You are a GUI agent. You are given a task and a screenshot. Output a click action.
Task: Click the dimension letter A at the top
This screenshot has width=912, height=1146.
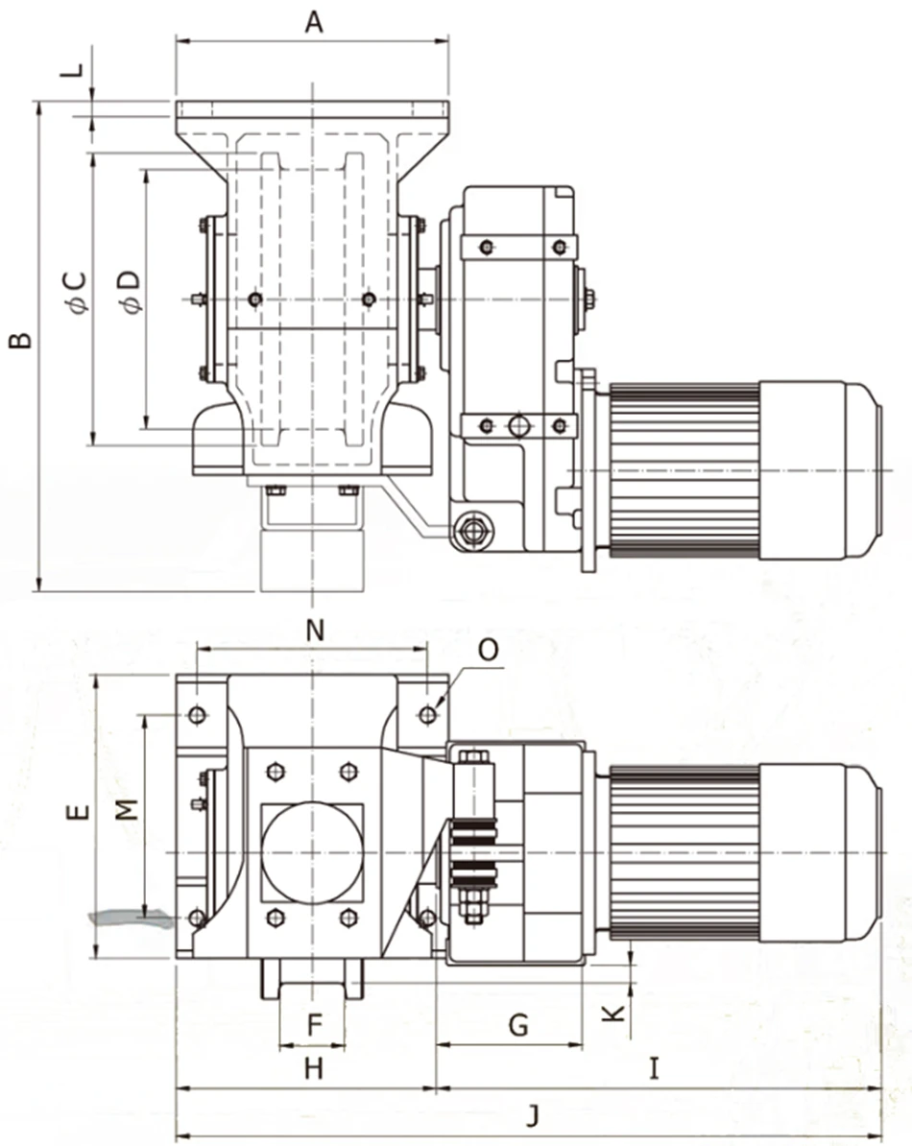click(314, 21)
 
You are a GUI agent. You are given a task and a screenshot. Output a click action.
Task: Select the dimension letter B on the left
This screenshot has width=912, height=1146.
click(20, 340)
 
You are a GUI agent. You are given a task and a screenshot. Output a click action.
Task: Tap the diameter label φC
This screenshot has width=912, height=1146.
click(77, 292)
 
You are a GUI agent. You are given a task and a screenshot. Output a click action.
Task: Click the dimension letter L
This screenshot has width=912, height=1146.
click(78, 70)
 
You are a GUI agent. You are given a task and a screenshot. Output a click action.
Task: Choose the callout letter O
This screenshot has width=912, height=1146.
click(488, 650)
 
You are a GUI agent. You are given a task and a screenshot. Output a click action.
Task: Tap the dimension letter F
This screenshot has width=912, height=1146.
click(314, 1025)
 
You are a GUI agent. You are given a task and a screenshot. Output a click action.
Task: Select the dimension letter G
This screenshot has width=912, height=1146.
click(517, 1025)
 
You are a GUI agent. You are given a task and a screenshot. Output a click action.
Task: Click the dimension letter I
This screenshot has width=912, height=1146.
click(654, 1068)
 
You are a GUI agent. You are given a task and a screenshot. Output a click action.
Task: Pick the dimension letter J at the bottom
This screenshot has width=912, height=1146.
click(534, 1116)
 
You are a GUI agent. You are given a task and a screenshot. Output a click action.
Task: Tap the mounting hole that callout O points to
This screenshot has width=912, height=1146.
click(428, 715)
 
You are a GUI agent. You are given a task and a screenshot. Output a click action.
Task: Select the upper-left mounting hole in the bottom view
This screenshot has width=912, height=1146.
click(197, 715)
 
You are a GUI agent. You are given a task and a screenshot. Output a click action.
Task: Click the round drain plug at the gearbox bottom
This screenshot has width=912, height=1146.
click(471, 529)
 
